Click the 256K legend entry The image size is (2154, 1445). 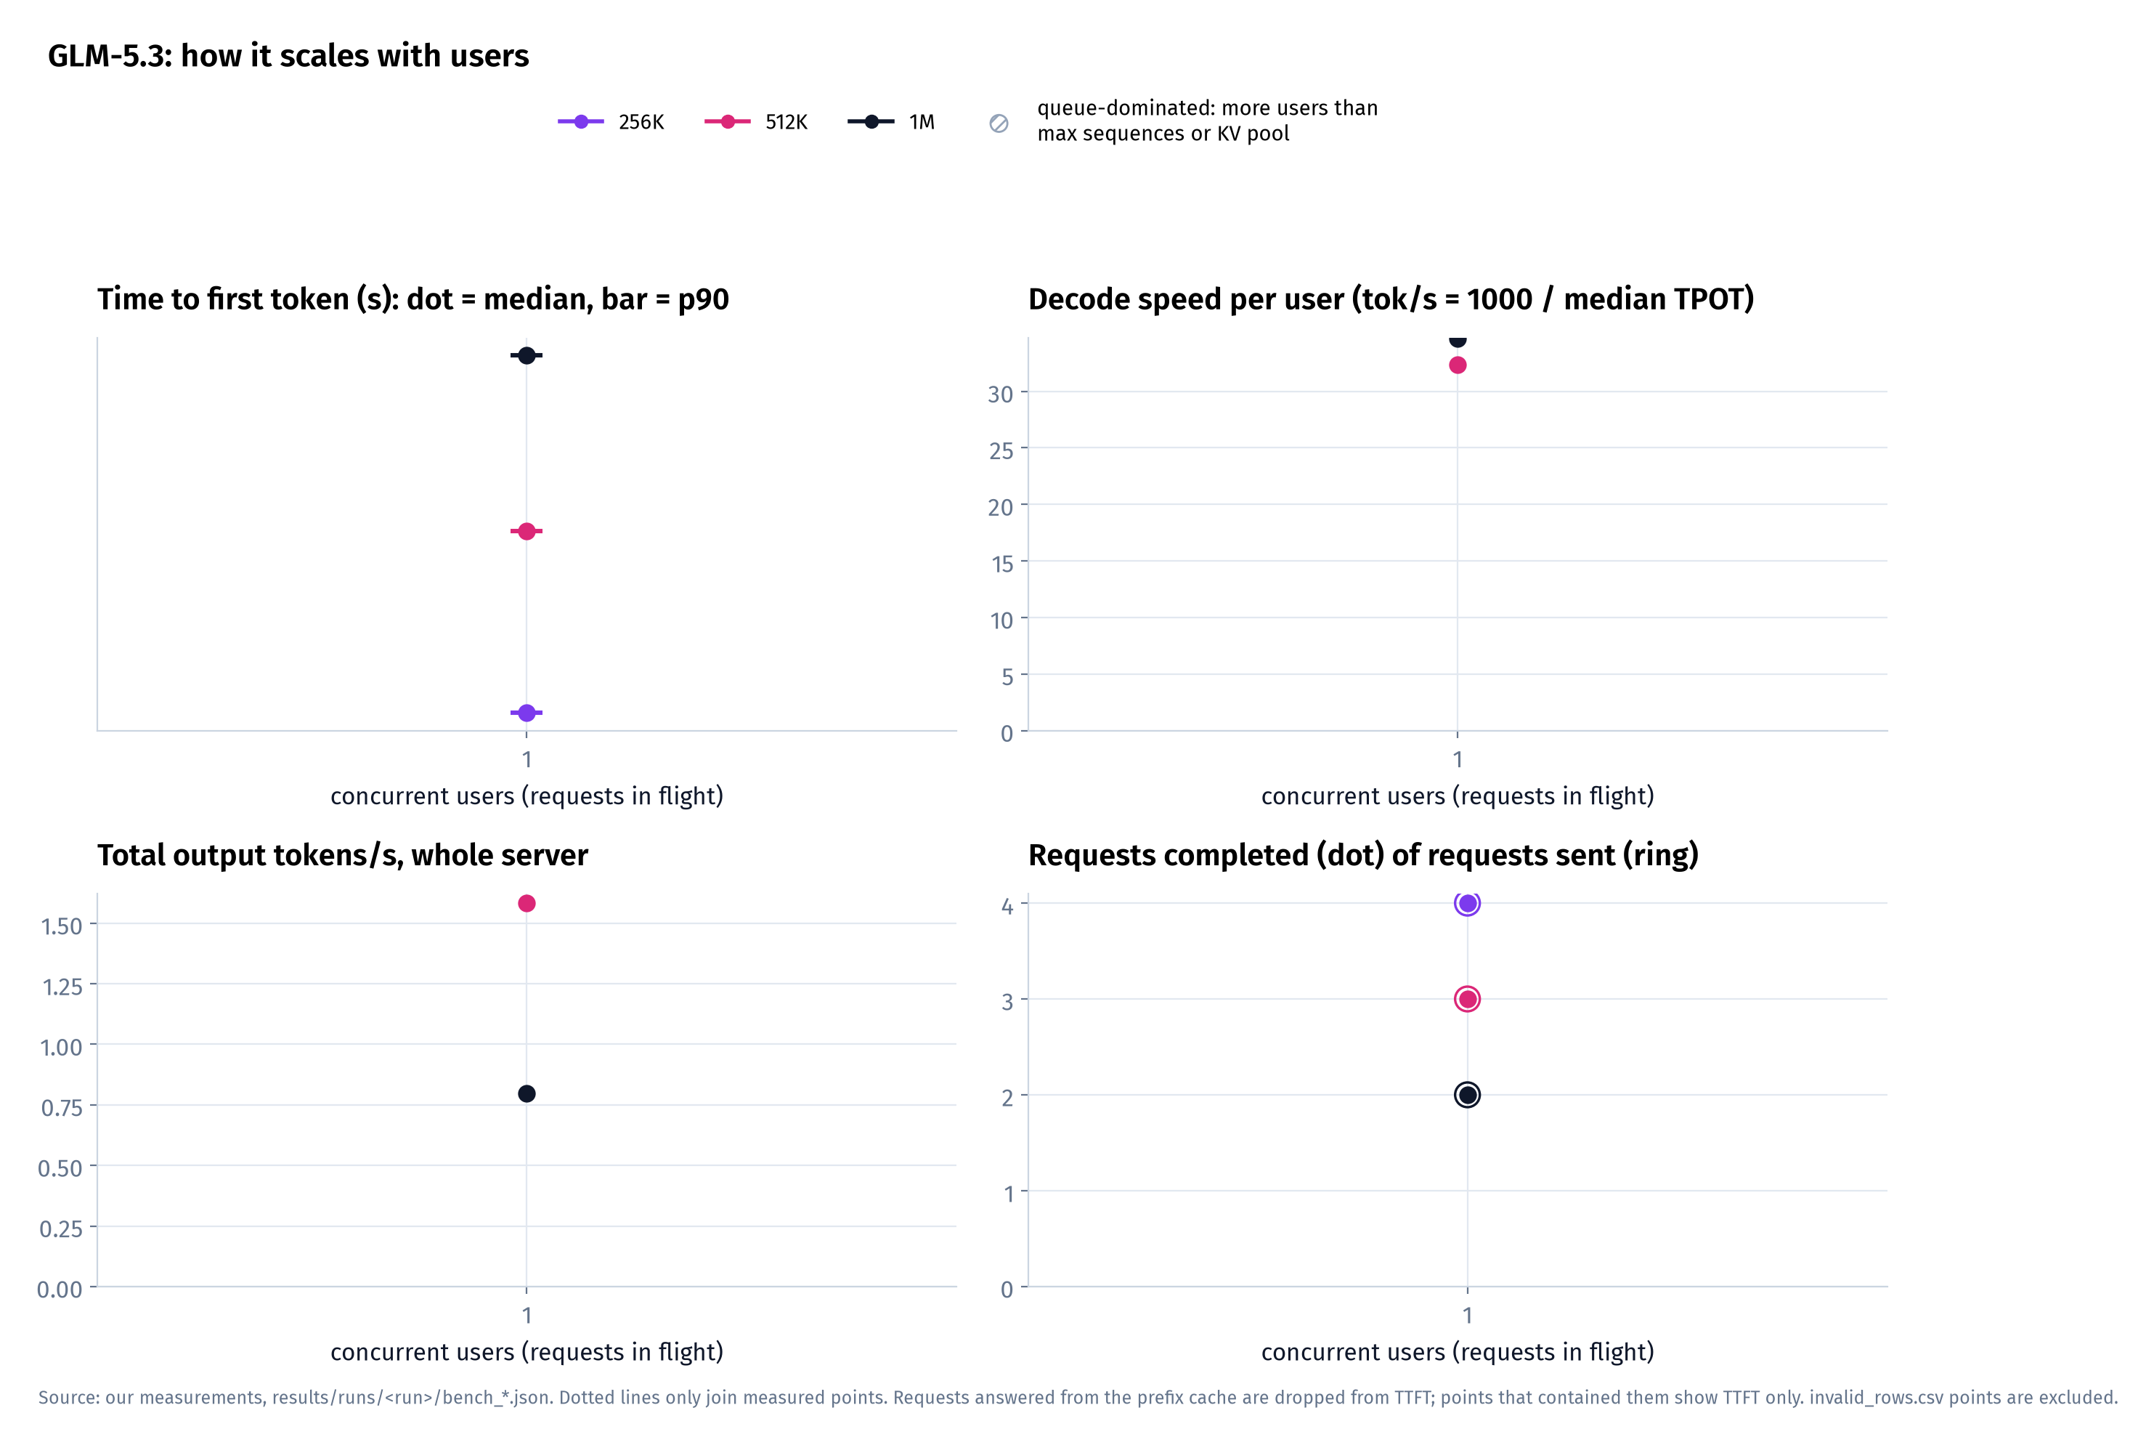(x=611, y=121)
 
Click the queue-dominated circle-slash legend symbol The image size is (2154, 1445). (x=999, y=124)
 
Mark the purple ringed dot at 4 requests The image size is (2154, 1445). (x=1468, y=903)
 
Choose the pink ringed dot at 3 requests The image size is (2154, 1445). (x=1468, y=999)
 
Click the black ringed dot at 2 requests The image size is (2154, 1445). (x=1468, y=1095)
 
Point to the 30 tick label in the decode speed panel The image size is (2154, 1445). (x=1001, y=394)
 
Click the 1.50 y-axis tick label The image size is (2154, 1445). (x=62, y=926)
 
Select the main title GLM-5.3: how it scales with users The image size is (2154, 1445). (x=288, y=56)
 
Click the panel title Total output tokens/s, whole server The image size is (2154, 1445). (x=343, y=855)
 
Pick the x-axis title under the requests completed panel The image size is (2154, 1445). (x=1458, y=1352)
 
